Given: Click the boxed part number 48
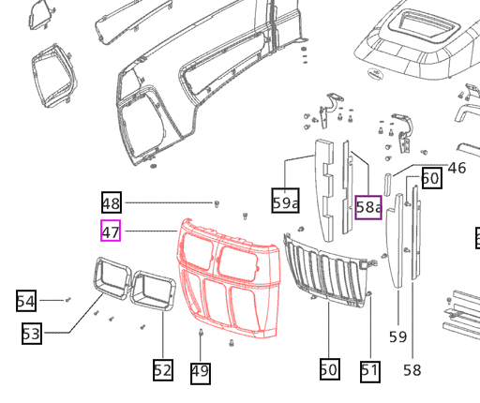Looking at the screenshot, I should point(112,202).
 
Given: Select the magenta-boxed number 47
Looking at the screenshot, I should point(111,230).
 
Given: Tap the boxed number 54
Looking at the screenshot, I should point(26,301).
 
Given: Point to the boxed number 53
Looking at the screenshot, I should point(32,333).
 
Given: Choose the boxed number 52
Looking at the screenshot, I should point(162,370).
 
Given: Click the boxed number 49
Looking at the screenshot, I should point(200,372).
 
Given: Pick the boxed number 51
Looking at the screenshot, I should point(370,370).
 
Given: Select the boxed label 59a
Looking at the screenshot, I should point(285,201).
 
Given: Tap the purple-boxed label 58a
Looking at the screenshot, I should point(368,207).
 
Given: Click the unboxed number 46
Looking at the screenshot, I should point(457,169).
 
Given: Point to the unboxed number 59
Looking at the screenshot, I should point(397,336).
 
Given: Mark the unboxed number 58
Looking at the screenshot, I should point(412,370).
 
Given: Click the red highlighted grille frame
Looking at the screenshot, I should point(230,281).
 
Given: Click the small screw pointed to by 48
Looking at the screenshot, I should point(217,202).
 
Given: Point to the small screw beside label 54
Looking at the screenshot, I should point(67,299).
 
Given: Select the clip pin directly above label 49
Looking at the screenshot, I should point(201,334).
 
